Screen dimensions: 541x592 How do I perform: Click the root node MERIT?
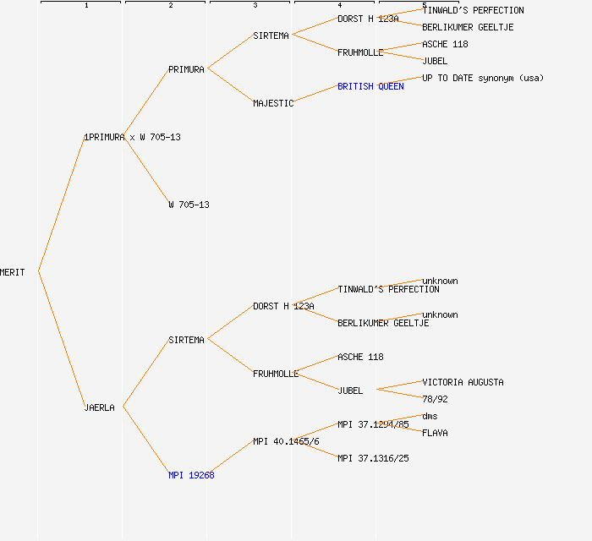13,272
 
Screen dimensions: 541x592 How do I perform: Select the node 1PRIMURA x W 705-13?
132,137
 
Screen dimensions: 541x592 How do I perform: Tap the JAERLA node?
99,407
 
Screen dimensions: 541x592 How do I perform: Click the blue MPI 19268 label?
191,475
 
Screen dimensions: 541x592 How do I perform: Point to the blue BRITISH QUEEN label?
370,86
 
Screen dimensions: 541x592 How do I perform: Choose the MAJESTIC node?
273,103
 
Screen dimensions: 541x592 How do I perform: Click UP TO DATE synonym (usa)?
483,78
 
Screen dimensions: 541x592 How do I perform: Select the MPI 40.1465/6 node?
286,441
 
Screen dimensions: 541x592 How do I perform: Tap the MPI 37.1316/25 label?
373,458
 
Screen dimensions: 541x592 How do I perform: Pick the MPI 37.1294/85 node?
373,424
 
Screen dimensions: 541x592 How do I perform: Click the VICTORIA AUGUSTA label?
463,382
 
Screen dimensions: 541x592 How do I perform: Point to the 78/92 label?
435,399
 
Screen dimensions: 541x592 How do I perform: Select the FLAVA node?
435,433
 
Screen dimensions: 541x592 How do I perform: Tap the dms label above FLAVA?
430,416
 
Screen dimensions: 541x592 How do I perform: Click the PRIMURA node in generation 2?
186,69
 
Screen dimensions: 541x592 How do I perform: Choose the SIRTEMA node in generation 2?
186,340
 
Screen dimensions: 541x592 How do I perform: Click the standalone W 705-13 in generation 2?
189,205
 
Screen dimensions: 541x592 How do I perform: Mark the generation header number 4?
339,6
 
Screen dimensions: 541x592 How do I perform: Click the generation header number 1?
85,6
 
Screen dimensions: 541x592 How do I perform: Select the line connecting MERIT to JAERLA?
61,340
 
